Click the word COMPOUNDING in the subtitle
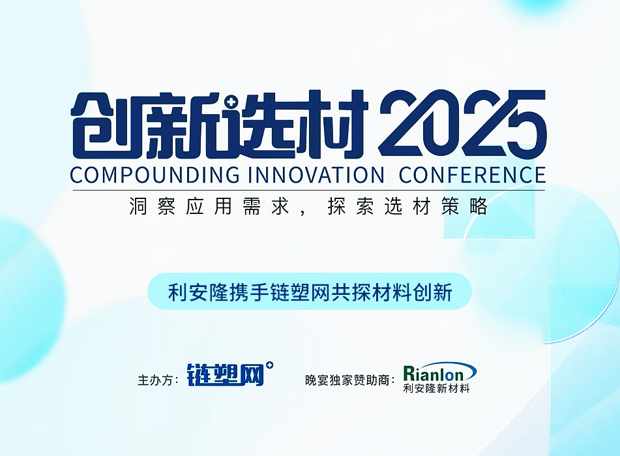pos(155,175)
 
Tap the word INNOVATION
pos(316,175)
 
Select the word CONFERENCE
pos(472,175)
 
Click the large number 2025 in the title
pos(462,123)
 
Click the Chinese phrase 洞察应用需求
pos(209,206)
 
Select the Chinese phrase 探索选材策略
pos(407,206)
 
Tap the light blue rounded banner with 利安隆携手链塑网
pos(310,292)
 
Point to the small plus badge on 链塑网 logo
pos(270,365)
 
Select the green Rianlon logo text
pos(434,374)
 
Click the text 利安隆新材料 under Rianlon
pos(436,388)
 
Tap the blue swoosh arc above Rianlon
pos(454,366)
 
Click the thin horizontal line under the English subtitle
pos(309,190)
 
